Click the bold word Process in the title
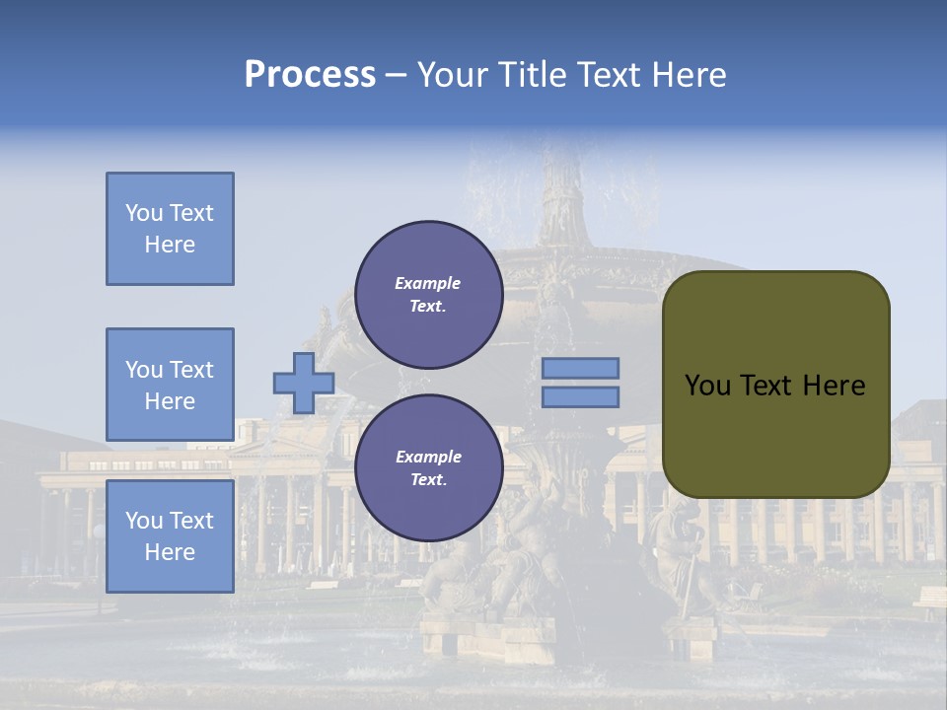pos(310,75)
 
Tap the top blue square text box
pos(170,229)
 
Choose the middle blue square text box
pos(170,385)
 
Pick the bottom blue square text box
pos(170,535)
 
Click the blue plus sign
pos(304,383)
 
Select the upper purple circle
pos(428,295)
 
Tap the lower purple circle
pos(428,467)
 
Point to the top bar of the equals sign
pos(580,369)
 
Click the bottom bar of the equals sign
pos(580,397)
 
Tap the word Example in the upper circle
pos(427,283)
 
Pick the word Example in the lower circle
pos(427,457)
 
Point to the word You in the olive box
pos(706,386)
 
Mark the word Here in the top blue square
pos(170,245)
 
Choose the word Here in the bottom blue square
pos(170,552)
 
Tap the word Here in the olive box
pos(834,386)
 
